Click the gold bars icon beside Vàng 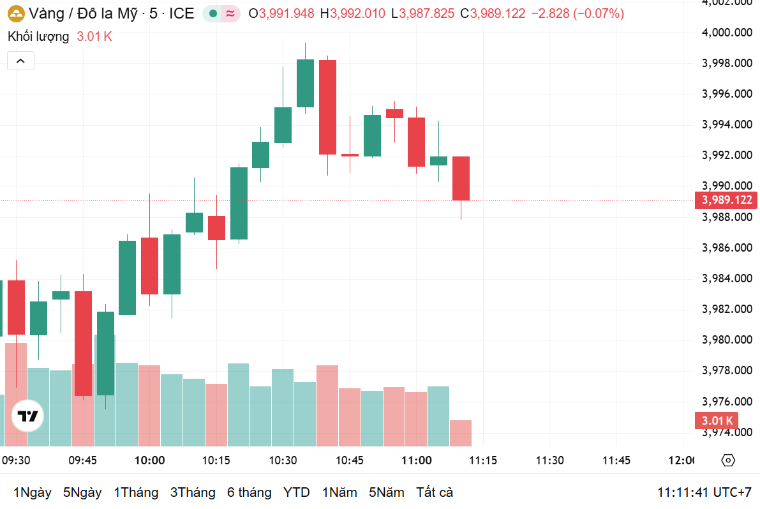[x=17, y=13]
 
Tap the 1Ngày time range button [x=32, y=492]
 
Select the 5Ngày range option [x=82, y=492]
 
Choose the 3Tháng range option [x=193, y=492]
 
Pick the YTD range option [x=297, y=492]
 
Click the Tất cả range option [x=435, y=492]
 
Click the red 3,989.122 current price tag [x=727, y=201]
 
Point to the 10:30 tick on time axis [x=283, y=460]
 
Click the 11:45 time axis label [x=616, y=460]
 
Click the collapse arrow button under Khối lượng [x=20, y=61]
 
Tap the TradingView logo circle [x=28, y=417]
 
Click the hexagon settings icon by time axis [x=728, y=460]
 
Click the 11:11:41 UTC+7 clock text [x=704, y=492]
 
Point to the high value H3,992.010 [x=354, y=13]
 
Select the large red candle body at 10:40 [x=327, y=107]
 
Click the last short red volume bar [x=461, y=433]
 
